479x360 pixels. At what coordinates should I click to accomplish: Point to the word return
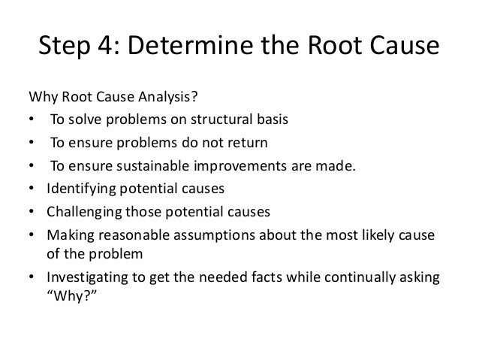point(245,142)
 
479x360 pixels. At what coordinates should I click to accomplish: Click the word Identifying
point(78,187)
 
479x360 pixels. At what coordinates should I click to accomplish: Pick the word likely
point(374,233)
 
